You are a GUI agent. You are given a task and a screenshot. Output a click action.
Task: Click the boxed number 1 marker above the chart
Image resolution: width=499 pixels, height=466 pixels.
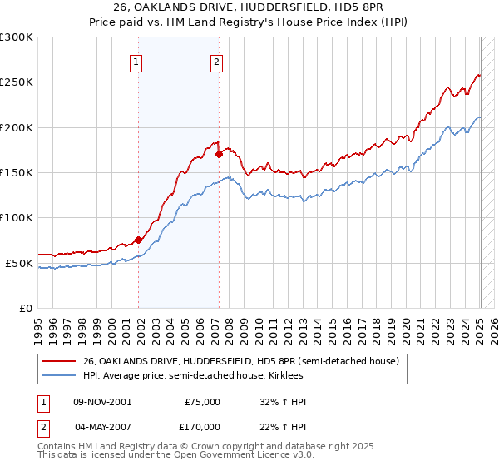point(136,61)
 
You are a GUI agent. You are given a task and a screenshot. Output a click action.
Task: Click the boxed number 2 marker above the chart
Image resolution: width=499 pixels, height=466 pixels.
point(216,61)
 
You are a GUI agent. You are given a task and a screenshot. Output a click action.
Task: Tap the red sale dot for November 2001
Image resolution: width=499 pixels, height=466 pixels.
point(139,240)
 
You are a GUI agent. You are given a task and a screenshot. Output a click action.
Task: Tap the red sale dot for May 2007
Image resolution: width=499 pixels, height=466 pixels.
point(219,154)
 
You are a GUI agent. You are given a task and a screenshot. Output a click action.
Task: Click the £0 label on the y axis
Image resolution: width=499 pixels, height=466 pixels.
point(25,308)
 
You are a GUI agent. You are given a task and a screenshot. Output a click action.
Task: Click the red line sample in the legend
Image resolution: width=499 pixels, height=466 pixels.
point(59,361)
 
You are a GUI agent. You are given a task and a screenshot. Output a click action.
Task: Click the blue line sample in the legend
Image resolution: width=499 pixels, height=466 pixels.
point(59,374)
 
